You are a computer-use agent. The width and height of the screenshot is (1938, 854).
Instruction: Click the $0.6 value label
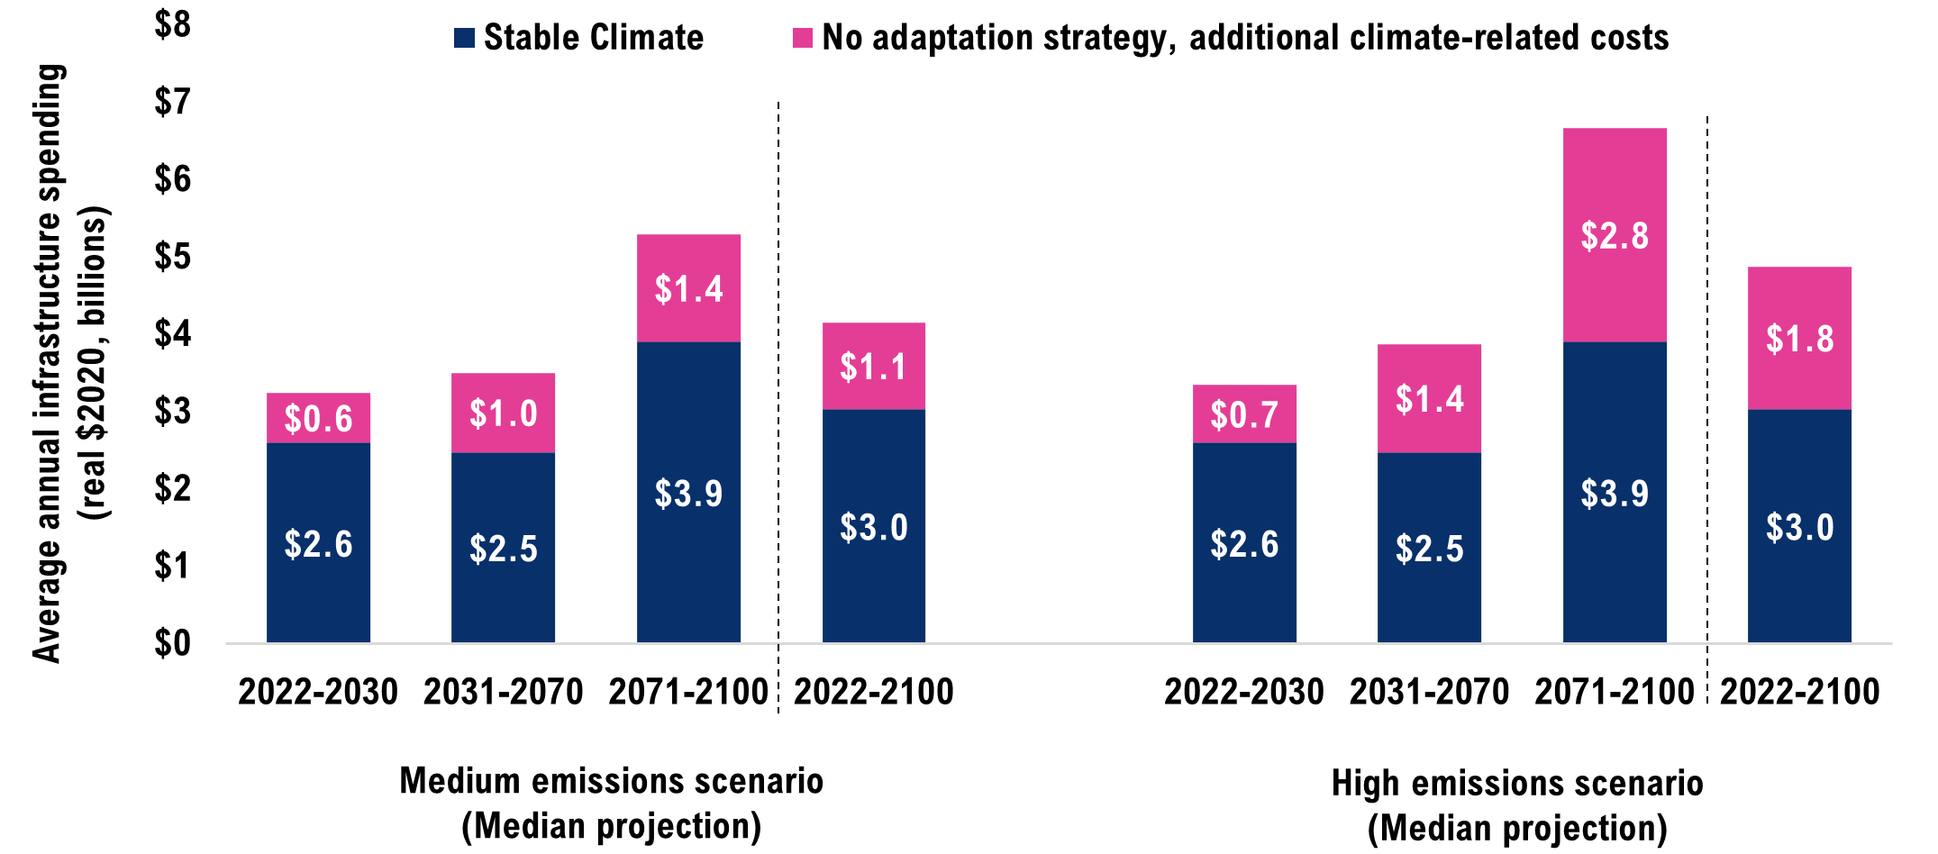(x=318, y=419)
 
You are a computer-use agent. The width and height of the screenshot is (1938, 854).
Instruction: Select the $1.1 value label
(x=873, y=367)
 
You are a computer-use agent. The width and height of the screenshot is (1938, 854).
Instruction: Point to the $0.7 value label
(x=1244, y=415)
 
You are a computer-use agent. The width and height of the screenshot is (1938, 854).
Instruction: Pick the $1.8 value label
(x=1799, y=340)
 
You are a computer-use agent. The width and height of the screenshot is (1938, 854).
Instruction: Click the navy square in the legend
(x=464, y=38)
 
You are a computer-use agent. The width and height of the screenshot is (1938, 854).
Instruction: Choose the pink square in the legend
(x=802, y=38)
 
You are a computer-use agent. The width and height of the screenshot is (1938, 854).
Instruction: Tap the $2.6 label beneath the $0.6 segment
(x=318, y=544)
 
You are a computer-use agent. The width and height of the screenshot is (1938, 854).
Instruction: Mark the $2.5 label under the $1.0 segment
(x=503, y=549)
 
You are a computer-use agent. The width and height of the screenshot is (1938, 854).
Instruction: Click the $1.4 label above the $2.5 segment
(x=1429, y=399)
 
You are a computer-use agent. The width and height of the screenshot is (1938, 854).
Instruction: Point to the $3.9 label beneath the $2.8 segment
(x=1615, y=494)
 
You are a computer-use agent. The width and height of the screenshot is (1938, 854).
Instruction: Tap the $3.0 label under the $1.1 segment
(x=873, y=527)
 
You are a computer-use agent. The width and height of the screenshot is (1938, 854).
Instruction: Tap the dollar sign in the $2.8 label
(x=1589, y=236)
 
